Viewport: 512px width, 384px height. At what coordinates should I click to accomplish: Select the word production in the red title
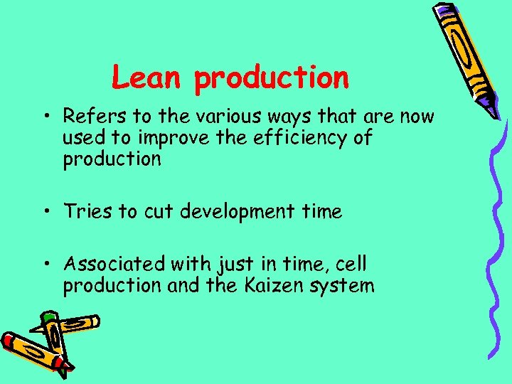(x=271, y=78)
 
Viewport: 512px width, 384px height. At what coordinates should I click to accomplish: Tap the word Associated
(x=114, y=265)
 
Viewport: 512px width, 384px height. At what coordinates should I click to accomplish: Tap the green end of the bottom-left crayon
(x=48, y=315)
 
